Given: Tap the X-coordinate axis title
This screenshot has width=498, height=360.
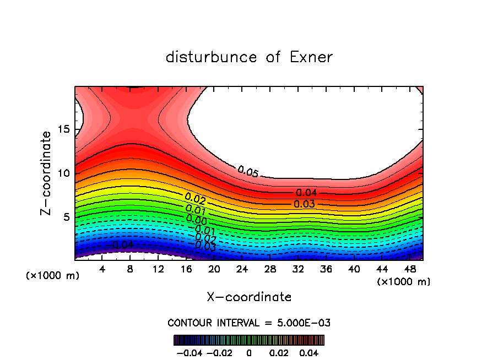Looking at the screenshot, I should coord(249,297).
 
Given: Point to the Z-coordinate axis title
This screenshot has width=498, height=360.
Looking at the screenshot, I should coord(47,173).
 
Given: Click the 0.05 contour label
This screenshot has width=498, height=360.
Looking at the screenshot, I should coord(248,171).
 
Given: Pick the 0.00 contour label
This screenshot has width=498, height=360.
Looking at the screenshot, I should coord(197,220).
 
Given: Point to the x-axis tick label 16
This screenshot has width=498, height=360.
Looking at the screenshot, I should coord(186,269).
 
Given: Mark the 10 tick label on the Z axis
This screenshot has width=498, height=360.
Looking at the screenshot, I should coord(63,173).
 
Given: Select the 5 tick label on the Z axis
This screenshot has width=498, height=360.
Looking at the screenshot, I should coord(66,217).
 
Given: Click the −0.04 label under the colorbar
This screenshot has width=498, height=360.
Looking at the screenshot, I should coord(189,352).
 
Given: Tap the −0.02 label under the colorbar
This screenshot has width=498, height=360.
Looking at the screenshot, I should coord(219,352).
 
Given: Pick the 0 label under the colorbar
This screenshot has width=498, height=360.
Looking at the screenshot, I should coord(249,352).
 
